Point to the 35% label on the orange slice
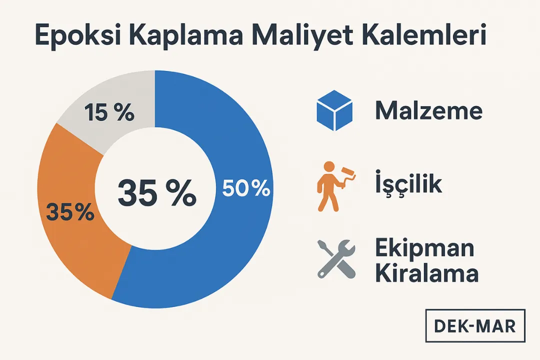pyautogui.click(x=70, y=212)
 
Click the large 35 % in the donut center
pyautogui.click(x=157, y=194)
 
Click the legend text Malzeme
pyautogui.click(x=428, y=111)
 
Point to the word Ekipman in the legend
pyautogui.click(x=424, y=248)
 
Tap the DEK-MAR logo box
pyautogui.click(x=475, y=326)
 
